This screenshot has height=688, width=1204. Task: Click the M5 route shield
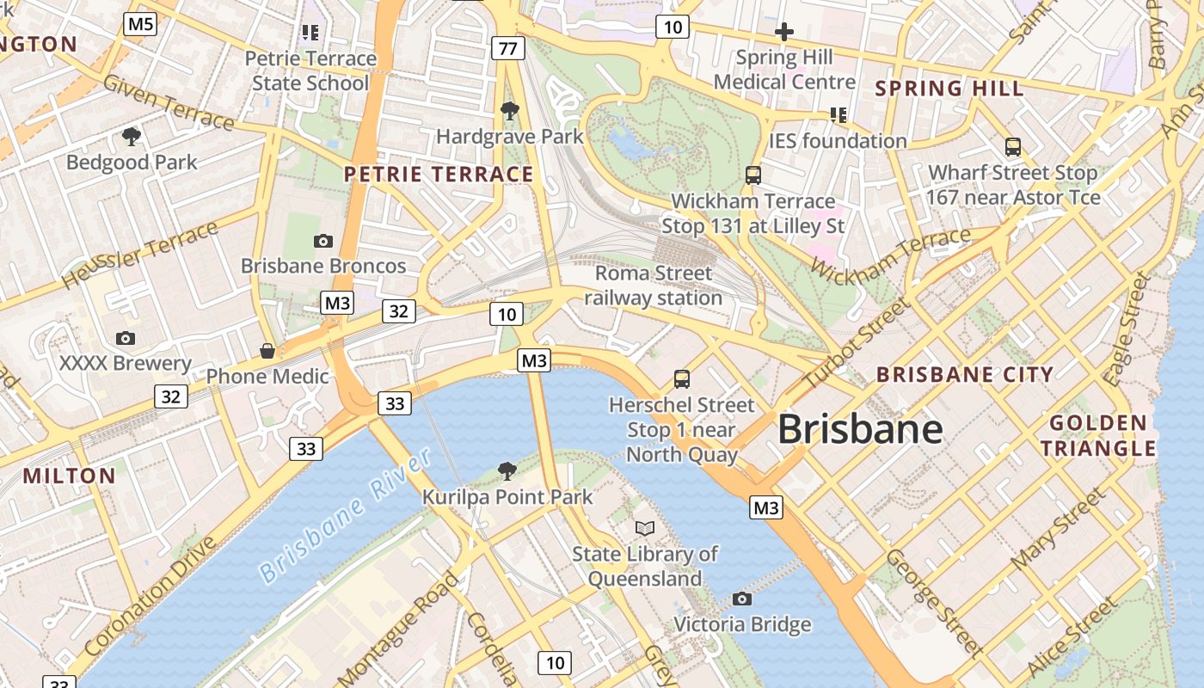tap(141, 23)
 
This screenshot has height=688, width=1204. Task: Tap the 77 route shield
tap(508, 47)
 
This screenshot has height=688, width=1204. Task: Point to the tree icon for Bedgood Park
tap(132, 136)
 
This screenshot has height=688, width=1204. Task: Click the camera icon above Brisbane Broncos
tap(323, 241)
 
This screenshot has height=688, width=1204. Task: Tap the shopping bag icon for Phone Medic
tap(267, 351)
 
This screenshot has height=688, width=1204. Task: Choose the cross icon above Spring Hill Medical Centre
tap(783, 33)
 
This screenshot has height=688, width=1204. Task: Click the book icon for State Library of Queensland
tap(645, 528)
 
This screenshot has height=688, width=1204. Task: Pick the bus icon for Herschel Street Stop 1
tap(682, 378)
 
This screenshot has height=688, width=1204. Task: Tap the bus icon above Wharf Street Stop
tap(1013, 147)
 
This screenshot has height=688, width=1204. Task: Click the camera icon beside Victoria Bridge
tap(741, 599)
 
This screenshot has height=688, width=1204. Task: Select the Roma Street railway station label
tap(654, 286)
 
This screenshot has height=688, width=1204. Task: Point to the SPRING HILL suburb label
tap(949, 89)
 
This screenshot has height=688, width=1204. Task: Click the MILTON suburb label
tap(69, 476)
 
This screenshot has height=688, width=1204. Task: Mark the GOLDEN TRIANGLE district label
tap(1099, 435)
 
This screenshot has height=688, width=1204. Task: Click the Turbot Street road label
tap(856, 343)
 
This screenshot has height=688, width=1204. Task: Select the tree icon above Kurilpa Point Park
tap(507, 470)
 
